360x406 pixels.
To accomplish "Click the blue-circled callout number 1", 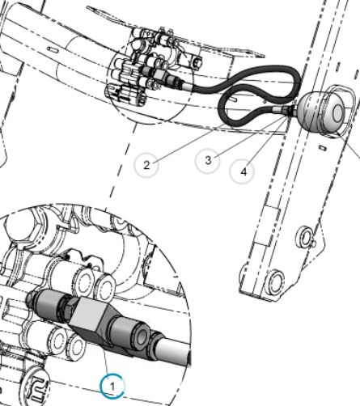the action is pos(112,387).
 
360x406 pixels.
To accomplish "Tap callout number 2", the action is pos(146,165).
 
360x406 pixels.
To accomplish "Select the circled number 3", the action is pos(207,161).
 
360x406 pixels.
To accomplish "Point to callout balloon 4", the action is pos(242,171).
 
